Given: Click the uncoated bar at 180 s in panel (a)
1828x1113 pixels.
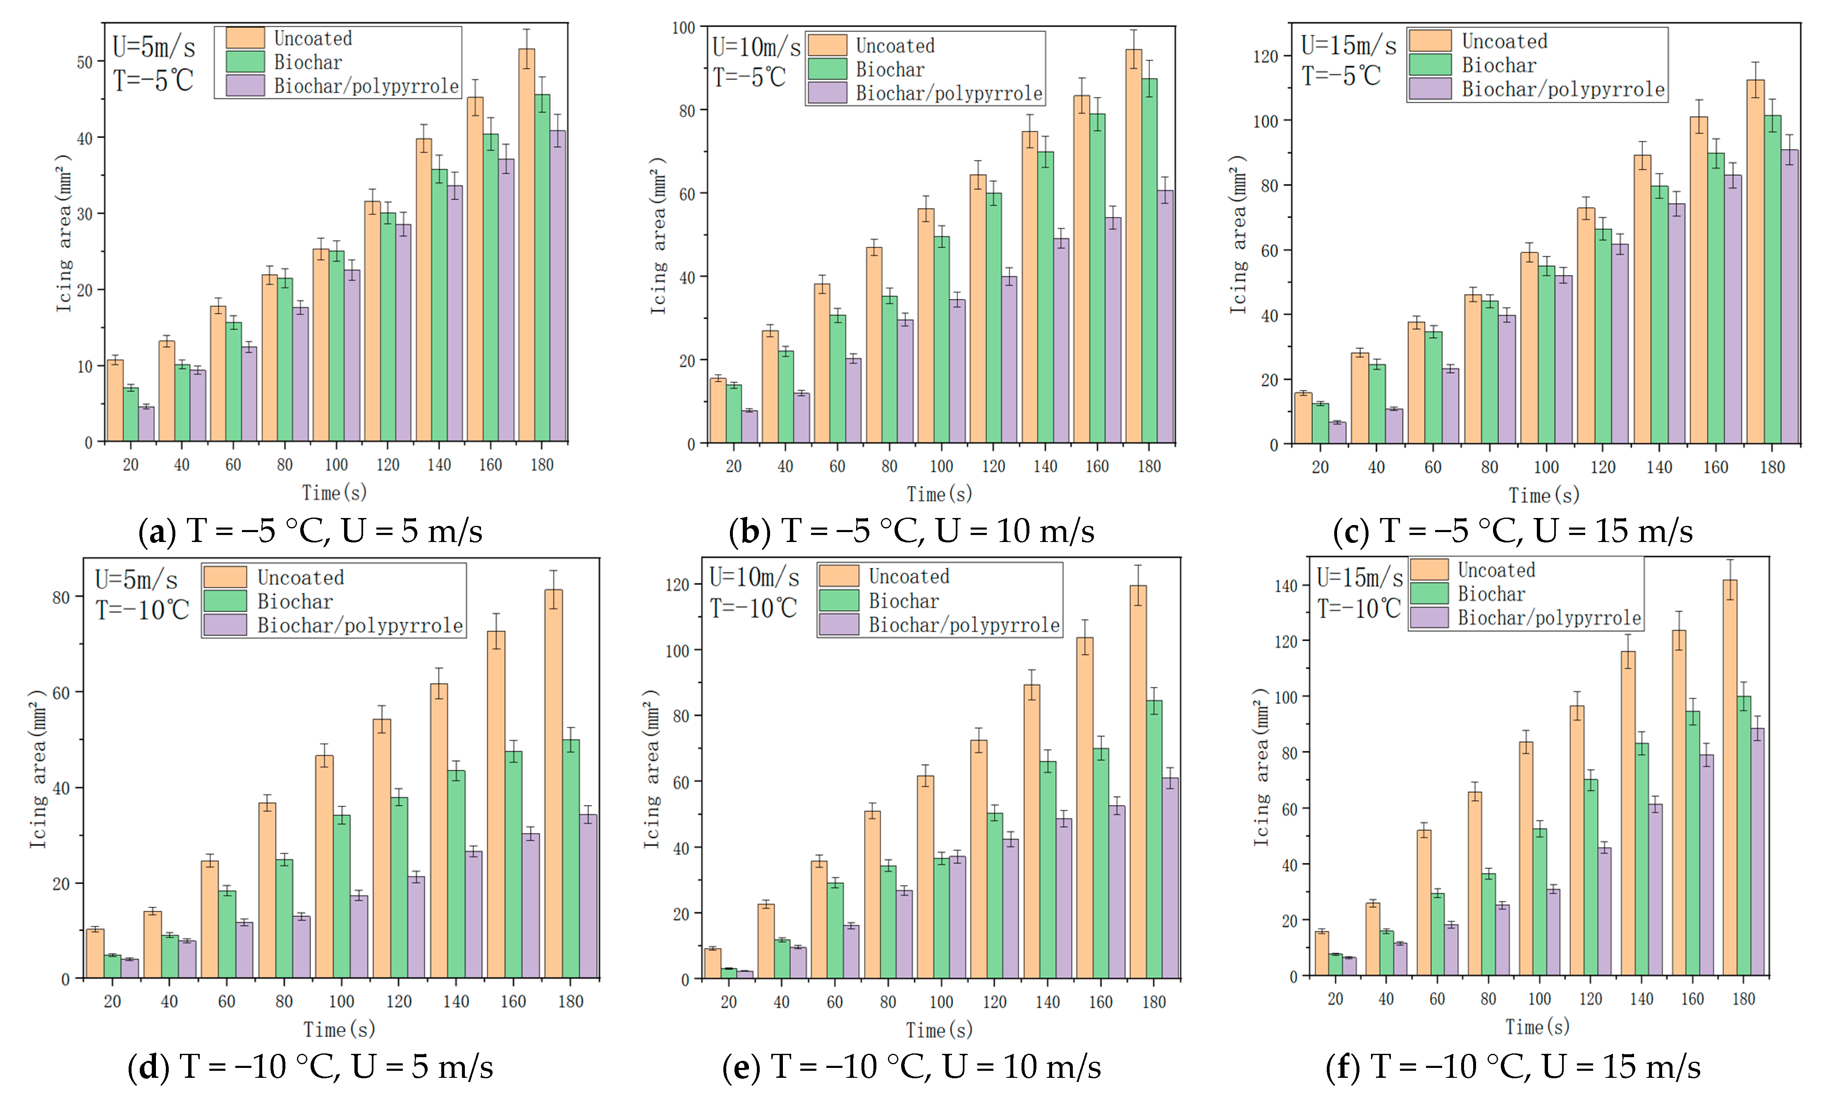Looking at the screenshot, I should [x=526, y=245].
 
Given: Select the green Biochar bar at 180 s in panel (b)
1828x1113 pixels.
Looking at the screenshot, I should [x=1149, y=260].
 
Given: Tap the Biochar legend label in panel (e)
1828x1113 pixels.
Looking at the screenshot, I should [x=903, y=601].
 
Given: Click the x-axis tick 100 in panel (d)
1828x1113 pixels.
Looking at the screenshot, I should [x=341, y=1002].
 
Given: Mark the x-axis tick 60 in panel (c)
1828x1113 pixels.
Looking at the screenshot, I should [x=1433, y=468].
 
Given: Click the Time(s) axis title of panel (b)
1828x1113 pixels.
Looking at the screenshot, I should [x=939, y=494].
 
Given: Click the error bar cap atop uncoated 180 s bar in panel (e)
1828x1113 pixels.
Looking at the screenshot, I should [x=1137, y=566].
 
